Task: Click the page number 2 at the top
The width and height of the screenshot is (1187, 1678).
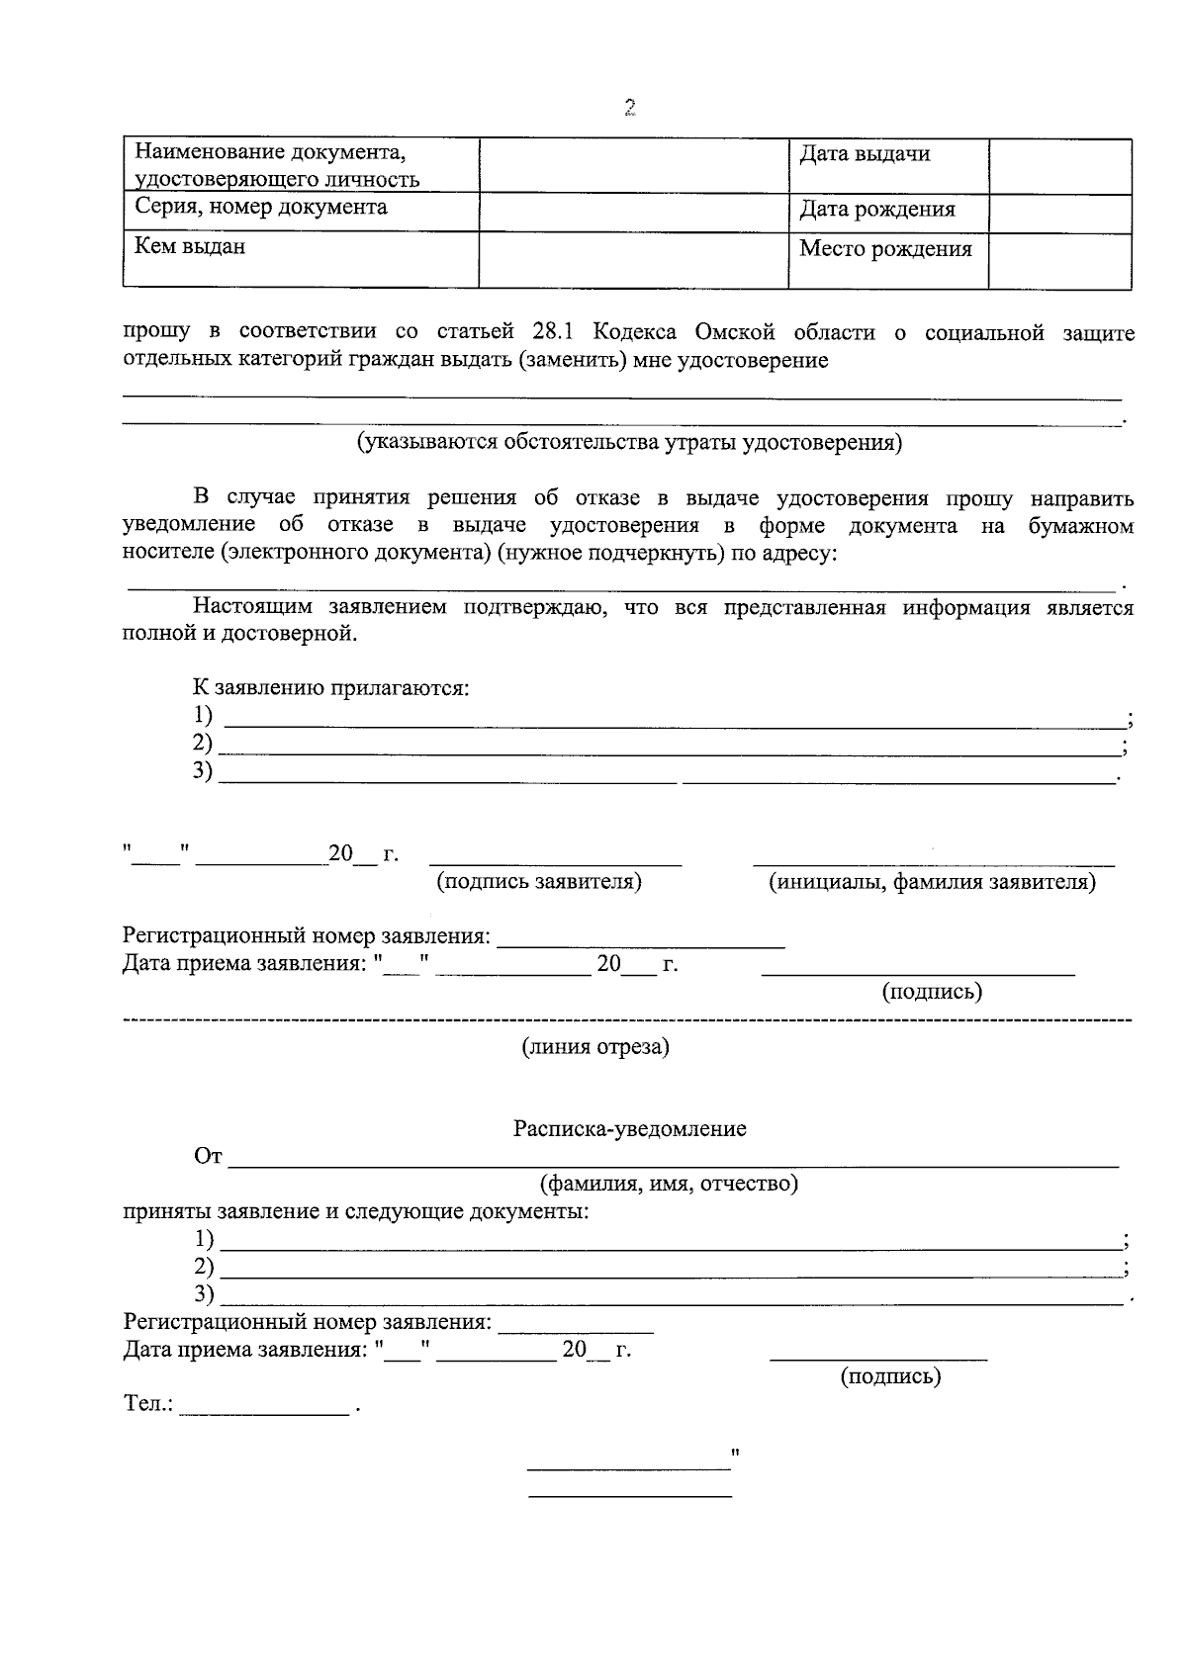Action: pyautogui.click(x=629, y=109)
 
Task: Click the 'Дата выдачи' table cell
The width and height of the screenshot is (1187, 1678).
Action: pyautogui.click(x=865, y=154)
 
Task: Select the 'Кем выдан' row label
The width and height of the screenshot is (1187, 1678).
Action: pyautogui.click(x=190, y=246)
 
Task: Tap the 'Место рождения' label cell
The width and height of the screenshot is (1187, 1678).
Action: pyautogui.click(x=885, y=249)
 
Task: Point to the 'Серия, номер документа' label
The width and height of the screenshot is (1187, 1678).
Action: pyautogui.click(x=261, y=208)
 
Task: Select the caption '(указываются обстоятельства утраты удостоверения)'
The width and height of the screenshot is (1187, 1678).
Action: pyautogui.click(x=629, y=442)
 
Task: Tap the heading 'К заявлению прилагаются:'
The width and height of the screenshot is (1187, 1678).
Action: pyautogui.click(x=331, y=688)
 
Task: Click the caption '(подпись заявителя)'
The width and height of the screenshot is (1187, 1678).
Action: pyautogui.click(x=539, y=882)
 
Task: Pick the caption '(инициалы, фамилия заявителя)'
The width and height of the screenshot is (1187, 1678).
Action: pyautogui.click(x=933, y=882)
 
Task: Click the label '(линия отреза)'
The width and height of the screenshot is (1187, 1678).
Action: pyautogui.click(x=595, y=1047)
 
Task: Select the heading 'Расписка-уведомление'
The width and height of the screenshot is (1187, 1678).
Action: pyautogui.click(x=630, y=1129)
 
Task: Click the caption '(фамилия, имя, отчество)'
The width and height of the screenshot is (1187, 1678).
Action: pyautogui.click(x=669, y=1184)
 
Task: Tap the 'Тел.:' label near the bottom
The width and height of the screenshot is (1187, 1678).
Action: pyautogui.click(x=148, y=1404)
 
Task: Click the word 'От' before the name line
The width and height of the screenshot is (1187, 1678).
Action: pyautogui.click(x=209, y=1157)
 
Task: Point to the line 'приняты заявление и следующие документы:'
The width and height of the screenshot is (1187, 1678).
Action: pyautogui.click(x=356, y=1211)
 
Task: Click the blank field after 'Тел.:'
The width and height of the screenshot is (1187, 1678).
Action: pyautogui.click(x=265, y=1406)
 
